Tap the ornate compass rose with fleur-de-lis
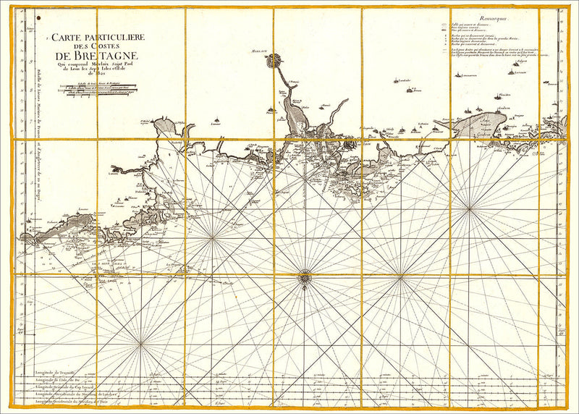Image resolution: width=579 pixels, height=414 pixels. pos(305,275)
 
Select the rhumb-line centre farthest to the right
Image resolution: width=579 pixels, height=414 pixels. pos(470,209)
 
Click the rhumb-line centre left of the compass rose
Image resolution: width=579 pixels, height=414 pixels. pos(213,237)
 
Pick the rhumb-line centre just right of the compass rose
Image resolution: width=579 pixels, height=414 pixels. pos(400,275)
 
